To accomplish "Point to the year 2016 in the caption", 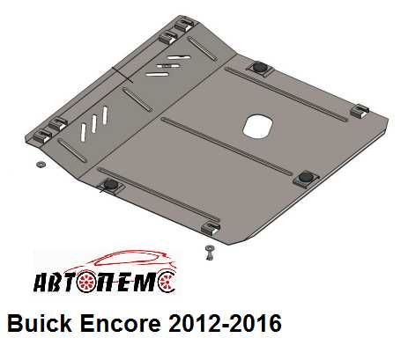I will point(252,324).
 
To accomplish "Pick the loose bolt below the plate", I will point(209,254).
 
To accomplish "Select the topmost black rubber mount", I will point(262,68).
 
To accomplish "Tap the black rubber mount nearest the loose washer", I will point(110,183).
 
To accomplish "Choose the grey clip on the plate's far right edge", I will point(360,111).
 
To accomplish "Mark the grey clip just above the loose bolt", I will point(211,228).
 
